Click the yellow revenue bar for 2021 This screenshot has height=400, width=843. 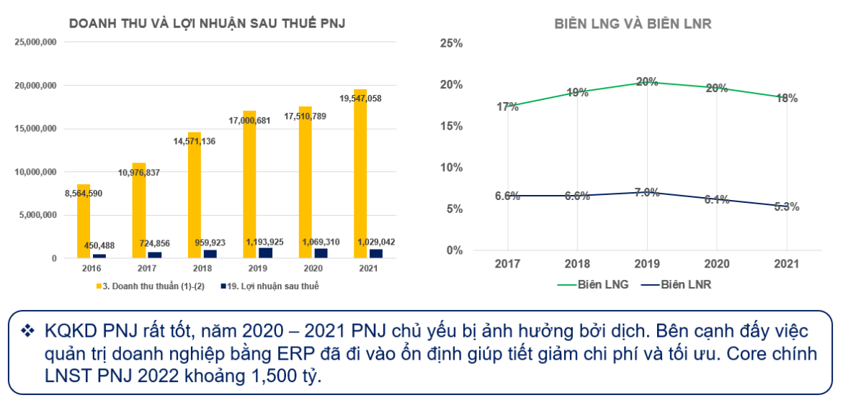pyautogui.click(x=360, y=173)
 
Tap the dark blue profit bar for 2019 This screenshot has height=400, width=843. pyautogui.click(x=265, y=253)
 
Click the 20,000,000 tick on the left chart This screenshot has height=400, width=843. pyautogui.click(x=35, y=86)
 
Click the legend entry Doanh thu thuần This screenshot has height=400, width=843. pyautogui.click(x=143, y=286)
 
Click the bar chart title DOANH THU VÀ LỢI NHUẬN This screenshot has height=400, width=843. pyautogui.click(x=207, y=24)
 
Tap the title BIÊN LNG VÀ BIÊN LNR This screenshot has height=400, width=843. pyautogui.click(x=633, y=24)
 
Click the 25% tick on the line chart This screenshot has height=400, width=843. pyautogui.click(x=451, y=43)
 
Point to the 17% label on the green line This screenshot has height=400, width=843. pyautogui.click(x=507, y=107)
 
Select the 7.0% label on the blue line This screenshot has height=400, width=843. pyautogui.click(x=646, y=192)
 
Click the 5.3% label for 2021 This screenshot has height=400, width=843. pyautogui.click(x=787, y=206)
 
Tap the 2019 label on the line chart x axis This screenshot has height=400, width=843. pyautogui.click(x=646, y=264)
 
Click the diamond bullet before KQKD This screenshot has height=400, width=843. pyautogui.click(x=28, y=332)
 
